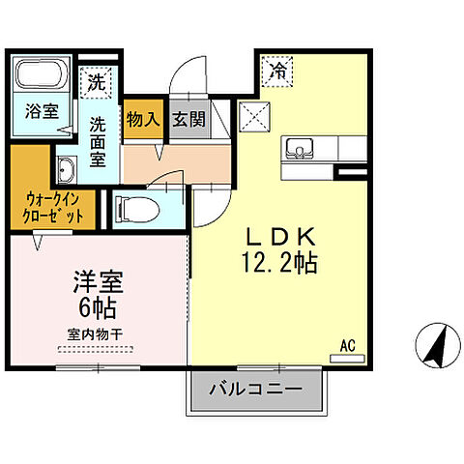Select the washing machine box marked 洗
(x=98, y=82)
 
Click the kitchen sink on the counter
(x=298, y=149)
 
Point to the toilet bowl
(x=135, y=205)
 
